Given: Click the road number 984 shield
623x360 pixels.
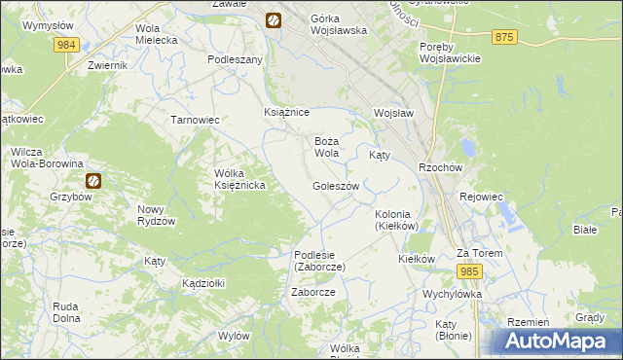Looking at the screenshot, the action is click(x=67, y=45).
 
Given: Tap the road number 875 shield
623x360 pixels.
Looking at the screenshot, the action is click(x=504, y=36).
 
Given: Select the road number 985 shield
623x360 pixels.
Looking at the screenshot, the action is click(x=470, y=271).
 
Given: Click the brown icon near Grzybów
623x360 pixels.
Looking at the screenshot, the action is click(x=93, y=180).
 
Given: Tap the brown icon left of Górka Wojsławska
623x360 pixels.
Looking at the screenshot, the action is click(x=274, y=19).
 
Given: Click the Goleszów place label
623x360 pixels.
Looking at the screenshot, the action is click(x=336, y=186).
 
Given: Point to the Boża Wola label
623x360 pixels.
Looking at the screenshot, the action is click(x=326, y=147).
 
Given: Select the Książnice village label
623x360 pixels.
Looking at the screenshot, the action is click(x=287, y=113).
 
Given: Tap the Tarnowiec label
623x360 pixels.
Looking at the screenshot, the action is click(x=196, y=120).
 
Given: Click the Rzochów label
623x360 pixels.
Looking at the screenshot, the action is click(x=438, y=166).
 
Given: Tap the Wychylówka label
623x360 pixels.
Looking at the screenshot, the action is click(x=452, y=293).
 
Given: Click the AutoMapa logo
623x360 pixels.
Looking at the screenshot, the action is click(x=558, y=342).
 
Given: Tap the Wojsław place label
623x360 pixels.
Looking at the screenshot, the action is click(x=394, y=113).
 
